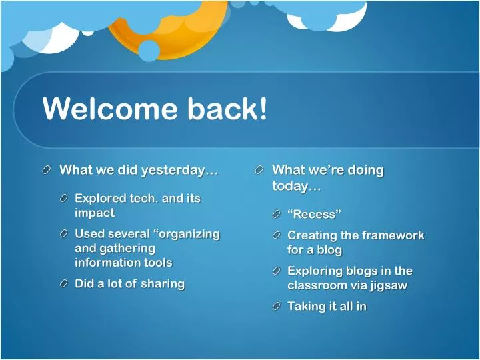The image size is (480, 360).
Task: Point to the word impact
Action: coord(95,213)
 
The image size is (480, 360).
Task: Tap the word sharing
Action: coord(163,283)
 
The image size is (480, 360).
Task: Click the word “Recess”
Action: coord(314,214)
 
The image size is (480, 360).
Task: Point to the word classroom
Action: coord(318,285)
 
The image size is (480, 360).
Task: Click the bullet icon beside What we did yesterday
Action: coord(47,171)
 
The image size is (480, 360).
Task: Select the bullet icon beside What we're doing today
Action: coord(259,171)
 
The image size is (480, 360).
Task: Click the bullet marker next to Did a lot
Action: coord(63,284)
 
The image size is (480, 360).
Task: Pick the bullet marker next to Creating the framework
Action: coord(276,236)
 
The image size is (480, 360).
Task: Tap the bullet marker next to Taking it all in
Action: coord(276,307)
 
